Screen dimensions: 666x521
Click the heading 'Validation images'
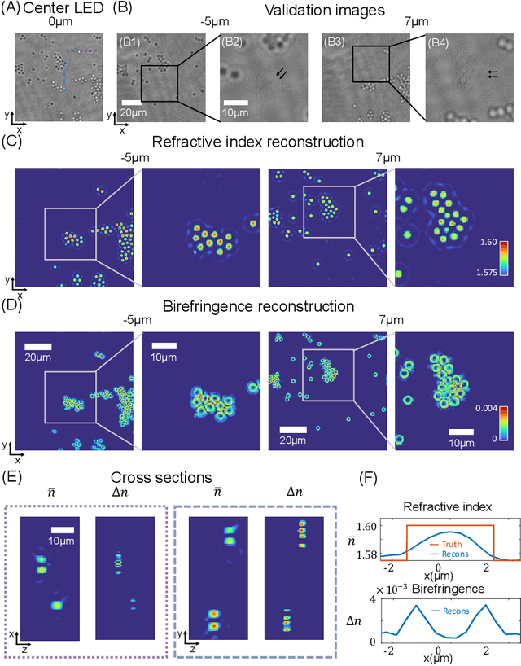[x=322, y=10]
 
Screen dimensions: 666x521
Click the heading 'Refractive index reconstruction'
[x=260, y=142]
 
